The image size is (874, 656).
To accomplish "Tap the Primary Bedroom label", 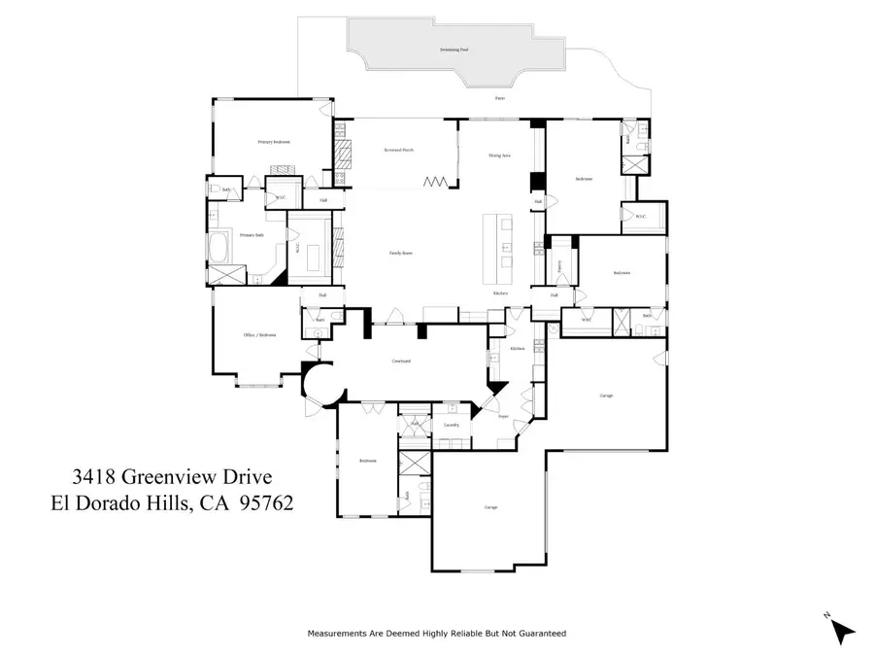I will pos(274,142).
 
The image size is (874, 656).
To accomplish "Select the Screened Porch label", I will pos(400,151).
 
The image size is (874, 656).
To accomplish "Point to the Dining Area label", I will pos(499,155).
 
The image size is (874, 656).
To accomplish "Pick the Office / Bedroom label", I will pos(259,335).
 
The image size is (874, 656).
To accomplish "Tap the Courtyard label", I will pos(401,361).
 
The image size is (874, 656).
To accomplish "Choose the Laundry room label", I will pos(451,425).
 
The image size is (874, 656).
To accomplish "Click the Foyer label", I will pos(503,416).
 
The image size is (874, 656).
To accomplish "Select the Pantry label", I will pos(559,264).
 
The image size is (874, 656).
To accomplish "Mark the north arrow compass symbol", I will pos(841,630).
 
